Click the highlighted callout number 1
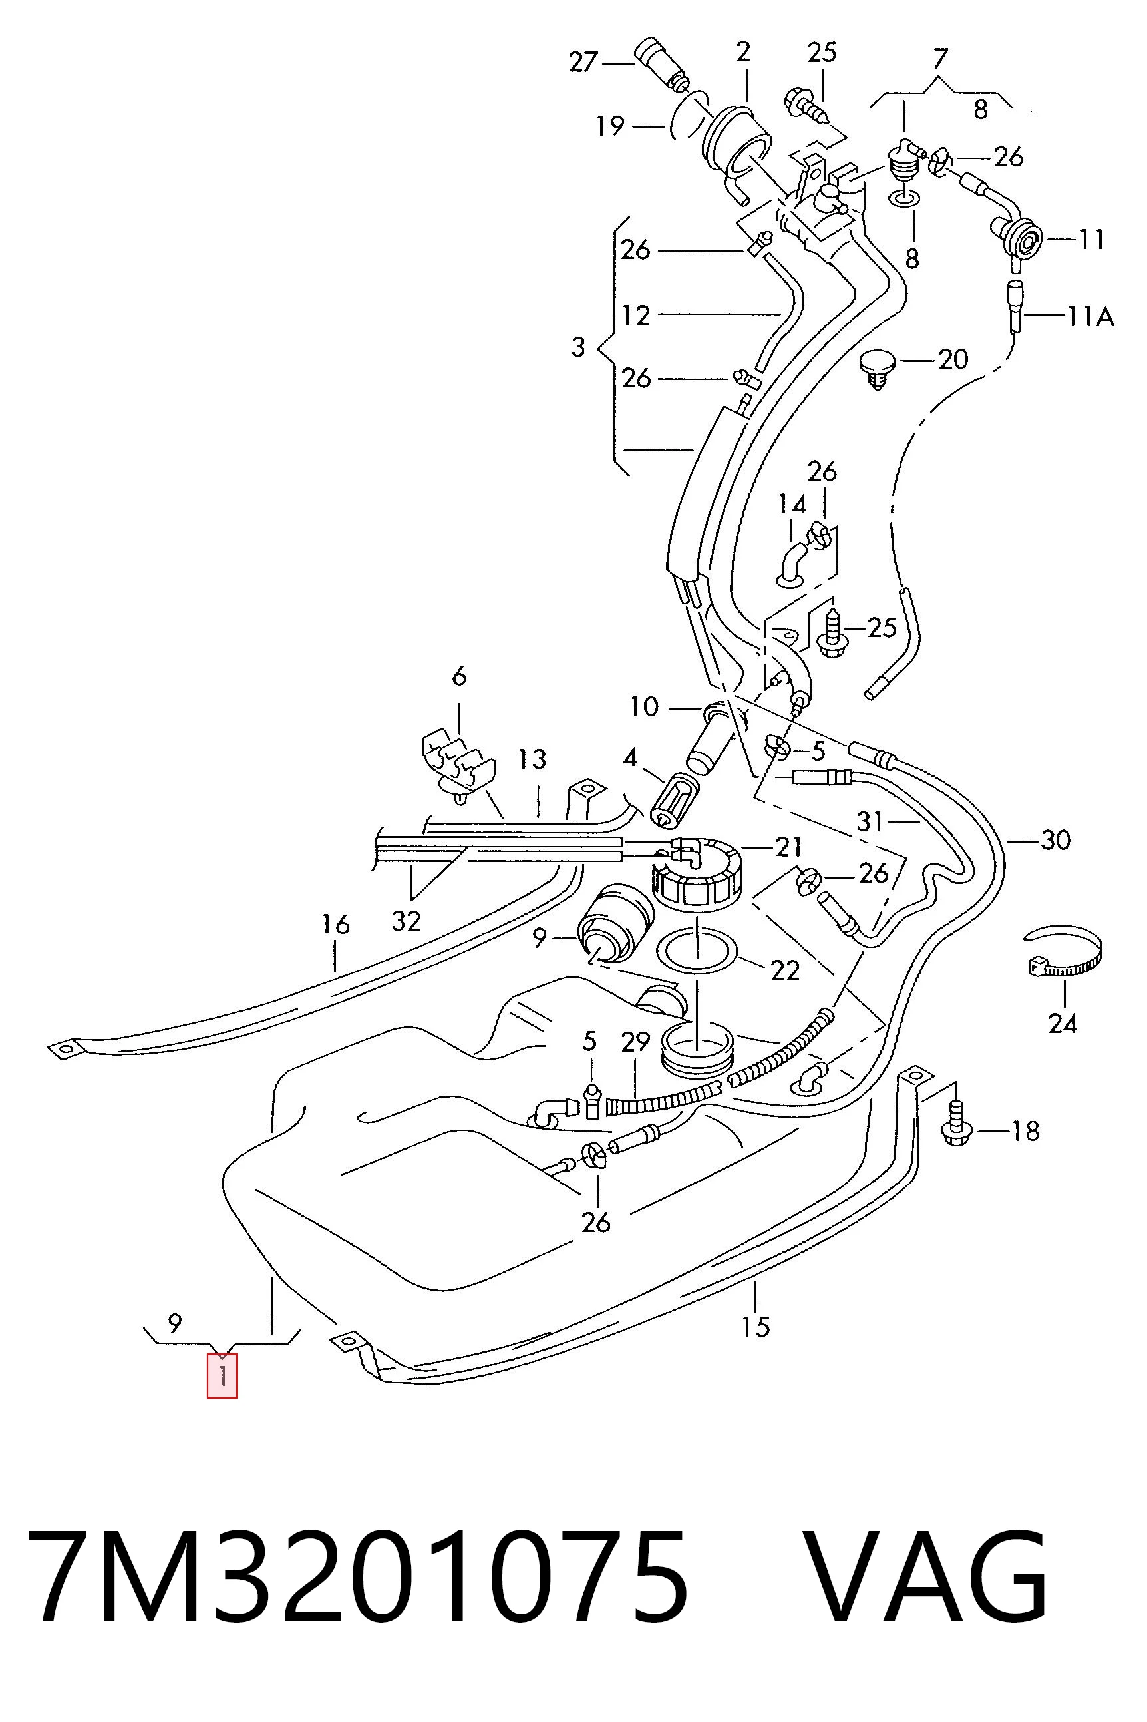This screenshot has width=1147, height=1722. click(222, 1377)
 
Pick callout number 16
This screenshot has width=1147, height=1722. click(335, 925)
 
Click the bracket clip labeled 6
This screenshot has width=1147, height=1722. click(458, 764)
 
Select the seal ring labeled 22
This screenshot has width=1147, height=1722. click(698, 950)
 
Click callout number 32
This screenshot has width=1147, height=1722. click(406, 920)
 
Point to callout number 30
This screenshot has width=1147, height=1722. click(1056, 840)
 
